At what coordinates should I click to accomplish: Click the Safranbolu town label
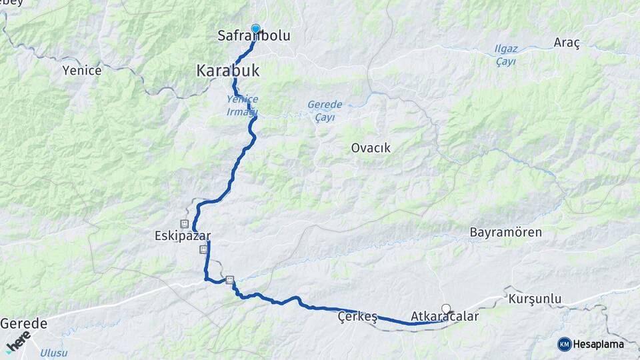[254, 36]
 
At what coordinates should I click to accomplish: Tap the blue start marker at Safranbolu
[255, 29]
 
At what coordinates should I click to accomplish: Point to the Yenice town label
[81, 70]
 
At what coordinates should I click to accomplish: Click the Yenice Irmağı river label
[241, 105]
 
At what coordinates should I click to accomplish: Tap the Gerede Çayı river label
[325, 111]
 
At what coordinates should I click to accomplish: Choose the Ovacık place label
[371, 148]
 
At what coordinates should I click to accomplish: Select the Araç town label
[567, 43]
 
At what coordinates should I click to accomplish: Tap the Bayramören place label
[505, 233]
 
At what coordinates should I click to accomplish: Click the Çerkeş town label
[357, 317]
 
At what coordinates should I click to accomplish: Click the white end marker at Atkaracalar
[446, 309]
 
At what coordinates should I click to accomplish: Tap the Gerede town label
[24, 323]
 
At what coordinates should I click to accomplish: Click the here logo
[18, 341]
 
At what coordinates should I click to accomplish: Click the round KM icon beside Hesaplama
[564, 344]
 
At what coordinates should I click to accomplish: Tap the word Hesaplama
[598, 344]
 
